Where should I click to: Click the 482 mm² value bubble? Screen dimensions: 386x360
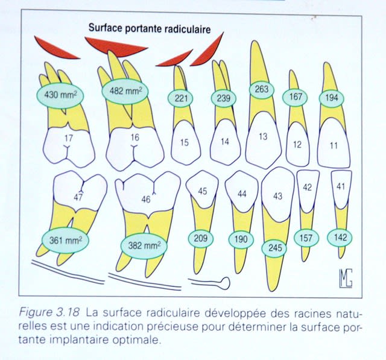[x=125, y=91]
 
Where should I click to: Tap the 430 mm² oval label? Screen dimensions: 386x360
[x=60, y=95]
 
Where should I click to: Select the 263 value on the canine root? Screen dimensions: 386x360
[x=261, y=89]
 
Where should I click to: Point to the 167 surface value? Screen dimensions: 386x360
[x=295, y=97]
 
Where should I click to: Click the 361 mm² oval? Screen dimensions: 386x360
[x=66, y=240]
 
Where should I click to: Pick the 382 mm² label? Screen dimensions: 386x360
[x=144, y=245]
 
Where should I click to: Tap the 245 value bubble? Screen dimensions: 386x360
[x=274, y=248]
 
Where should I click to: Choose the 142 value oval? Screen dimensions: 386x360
[x=340, y=238]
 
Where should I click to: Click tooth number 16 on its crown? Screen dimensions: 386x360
[x=135, y=137]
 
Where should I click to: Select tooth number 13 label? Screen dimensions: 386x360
[x=263, y=136]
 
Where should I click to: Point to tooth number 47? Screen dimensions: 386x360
[x=78, y=197]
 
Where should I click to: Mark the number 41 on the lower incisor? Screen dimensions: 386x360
[x=341, y=187]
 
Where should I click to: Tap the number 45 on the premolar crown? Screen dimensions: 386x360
[x=203, y=191]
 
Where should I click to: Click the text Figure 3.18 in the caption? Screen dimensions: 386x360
[x=49, y=312]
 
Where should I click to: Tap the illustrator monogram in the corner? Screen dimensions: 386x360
[x=346, y=278]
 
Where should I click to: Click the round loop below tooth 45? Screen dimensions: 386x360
[x=225, y=283]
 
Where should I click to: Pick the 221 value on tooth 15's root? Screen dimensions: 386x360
[x=180, y=98]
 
